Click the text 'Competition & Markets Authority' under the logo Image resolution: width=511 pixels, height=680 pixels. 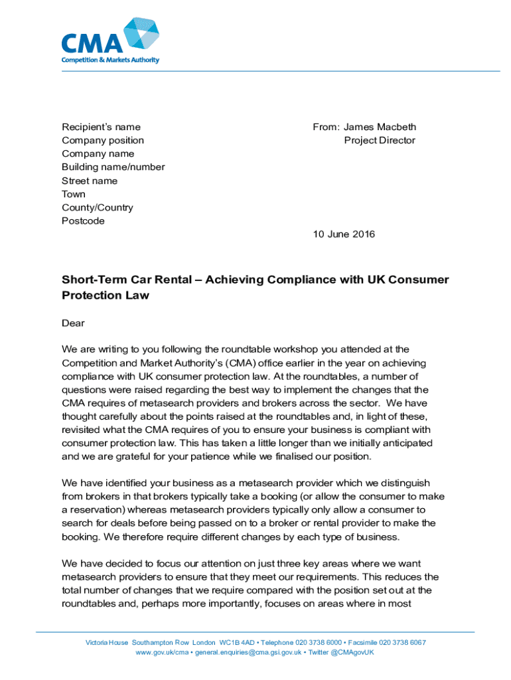point(110,60)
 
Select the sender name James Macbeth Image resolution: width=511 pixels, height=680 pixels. point(380,127)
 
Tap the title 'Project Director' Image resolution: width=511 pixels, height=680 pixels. point(380,140)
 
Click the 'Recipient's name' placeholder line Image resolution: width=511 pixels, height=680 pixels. point(101,127)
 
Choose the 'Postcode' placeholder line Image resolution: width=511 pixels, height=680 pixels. point(83,221)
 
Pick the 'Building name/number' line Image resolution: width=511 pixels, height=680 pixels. point(113,167)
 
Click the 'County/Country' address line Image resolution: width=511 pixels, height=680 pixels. point(97,208)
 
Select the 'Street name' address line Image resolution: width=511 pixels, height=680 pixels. point(90,181)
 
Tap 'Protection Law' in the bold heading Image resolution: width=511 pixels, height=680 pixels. point(106,296)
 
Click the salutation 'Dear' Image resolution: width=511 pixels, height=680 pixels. point(73,323)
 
